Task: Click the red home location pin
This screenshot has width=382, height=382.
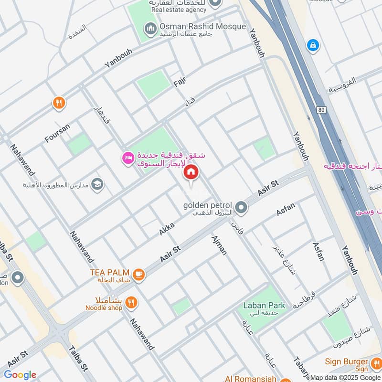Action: tap(191, 173)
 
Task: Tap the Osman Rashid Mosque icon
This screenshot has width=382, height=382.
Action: tap(151, 30)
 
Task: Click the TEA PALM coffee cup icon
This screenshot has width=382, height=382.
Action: tap(138, 274)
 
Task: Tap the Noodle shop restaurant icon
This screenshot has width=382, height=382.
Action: tap(132, 302)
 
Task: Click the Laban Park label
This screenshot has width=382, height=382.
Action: tap(264, 305)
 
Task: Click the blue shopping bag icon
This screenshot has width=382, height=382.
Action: tap(313, 46)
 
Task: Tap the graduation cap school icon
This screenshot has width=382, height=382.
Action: tap(97, 184)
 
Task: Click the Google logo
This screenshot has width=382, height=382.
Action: tap(20, 375)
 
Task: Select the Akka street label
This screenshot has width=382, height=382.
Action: tap(167, 228)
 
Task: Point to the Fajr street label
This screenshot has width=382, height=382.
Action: tap(179, 82)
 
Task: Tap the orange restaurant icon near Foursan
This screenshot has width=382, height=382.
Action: tap(59, 103)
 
